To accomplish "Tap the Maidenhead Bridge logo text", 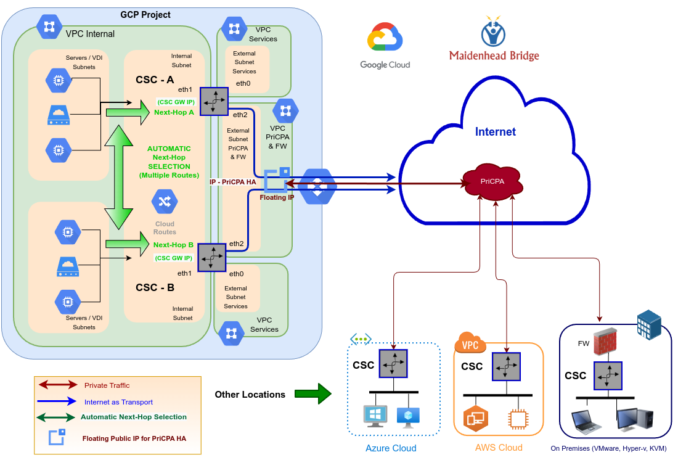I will (494, 56).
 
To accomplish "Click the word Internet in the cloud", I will (495, 132).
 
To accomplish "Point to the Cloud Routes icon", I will (165, 202).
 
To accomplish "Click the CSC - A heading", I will (155, 80).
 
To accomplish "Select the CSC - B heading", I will (155, 287).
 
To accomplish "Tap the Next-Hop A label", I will (174, 112).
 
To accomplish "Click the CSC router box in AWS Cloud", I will (506, 367).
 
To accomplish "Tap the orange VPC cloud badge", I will (470, 344).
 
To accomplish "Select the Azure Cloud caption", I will (391, 448).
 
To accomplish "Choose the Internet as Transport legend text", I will (118, 402).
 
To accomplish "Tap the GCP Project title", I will (145, 15).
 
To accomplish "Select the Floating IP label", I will (277, 197).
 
